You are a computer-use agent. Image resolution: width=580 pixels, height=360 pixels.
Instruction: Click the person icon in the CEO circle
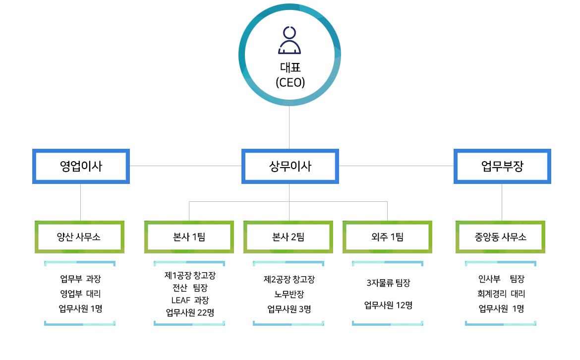point(290,41)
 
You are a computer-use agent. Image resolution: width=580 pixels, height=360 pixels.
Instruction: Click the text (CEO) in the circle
point(290,82)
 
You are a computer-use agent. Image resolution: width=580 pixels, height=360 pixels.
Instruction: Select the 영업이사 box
point(81,167)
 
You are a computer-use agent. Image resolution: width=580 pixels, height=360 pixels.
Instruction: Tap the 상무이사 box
point(290,167)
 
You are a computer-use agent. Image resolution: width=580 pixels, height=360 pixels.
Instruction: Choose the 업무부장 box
point(502,167)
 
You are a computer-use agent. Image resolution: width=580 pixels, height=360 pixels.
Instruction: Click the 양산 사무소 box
point(79,237)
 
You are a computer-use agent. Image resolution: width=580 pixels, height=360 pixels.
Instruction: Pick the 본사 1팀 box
point(189,237)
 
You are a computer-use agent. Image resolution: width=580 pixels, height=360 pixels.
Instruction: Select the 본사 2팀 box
point(288,237)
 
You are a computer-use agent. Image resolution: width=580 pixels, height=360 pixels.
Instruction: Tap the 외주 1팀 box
point(387,237)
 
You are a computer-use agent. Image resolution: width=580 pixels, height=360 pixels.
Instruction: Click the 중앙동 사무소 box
point(500,237)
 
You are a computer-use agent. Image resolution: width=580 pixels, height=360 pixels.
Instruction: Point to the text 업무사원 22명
point(190,312)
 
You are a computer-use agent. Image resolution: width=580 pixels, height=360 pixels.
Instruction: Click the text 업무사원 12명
point(388,305)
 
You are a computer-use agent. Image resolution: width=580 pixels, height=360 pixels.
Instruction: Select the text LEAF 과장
point(190,300)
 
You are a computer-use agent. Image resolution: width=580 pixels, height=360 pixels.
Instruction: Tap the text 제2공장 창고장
point(289,280)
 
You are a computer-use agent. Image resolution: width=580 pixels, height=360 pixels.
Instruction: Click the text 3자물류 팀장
point(388,283)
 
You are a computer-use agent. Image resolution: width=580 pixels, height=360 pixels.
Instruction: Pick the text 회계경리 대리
point(501,294)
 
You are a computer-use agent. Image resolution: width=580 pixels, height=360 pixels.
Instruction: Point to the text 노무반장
point(289,294)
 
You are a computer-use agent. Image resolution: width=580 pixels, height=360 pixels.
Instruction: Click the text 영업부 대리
point(80,294)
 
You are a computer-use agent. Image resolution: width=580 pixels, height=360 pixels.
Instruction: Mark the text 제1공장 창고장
point(190,275)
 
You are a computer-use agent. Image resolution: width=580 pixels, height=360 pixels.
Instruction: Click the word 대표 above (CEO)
point(290,67)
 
